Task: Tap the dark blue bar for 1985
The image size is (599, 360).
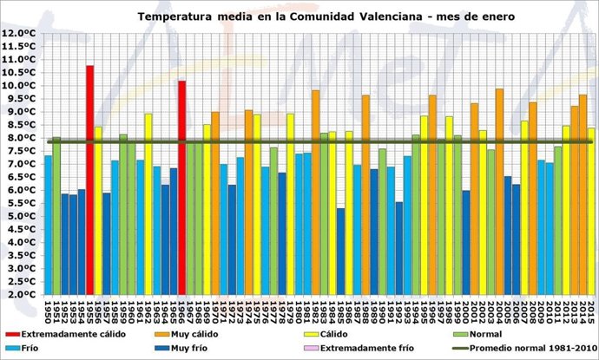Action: tap(340, 252)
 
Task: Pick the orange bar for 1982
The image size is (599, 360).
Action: tap(315, 192)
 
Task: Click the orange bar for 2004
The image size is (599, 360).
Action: tap(499, 191)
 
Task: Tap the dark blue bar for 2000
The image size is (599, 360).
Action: tap(466, 243)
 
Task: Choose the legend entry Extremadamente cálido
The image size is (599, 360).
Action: tap(74, 333)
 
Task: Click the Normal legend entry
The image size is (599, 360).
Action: tap(499, 333)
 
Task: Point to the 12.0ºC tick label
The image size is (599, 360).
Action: tap(19, 33)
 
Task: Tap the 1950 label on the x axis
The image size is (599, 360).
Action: tap(48, 310)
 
